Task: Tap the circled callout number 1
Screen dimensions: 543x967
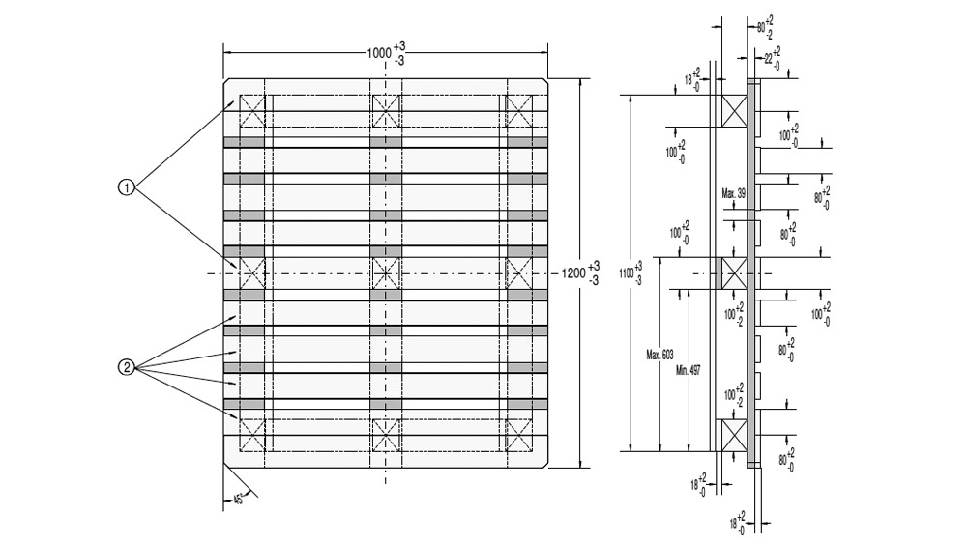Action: coord(125,187)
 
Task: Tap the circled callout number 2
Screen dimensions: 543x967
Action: coord(125,367)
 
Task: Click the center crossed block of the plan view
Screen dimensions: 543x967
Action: coord(386,272)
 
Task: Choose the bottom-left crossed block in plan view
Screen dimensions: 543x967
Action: coord(252,435)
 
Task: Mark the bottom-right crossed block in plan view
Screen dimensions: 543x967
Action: coord(519,435)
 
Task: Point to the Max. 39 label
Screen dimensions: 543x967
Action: coord(733,194)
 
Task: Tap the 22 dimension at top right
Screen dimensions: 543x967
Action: coord(771,57)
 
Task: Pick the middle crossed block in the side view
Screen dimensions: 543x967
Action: coord(731,272)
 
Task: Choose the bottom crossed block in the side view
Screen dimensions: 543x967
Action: coord(731,435)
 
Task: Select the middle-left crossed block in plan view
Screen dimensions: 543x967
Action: coord(252,272)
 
